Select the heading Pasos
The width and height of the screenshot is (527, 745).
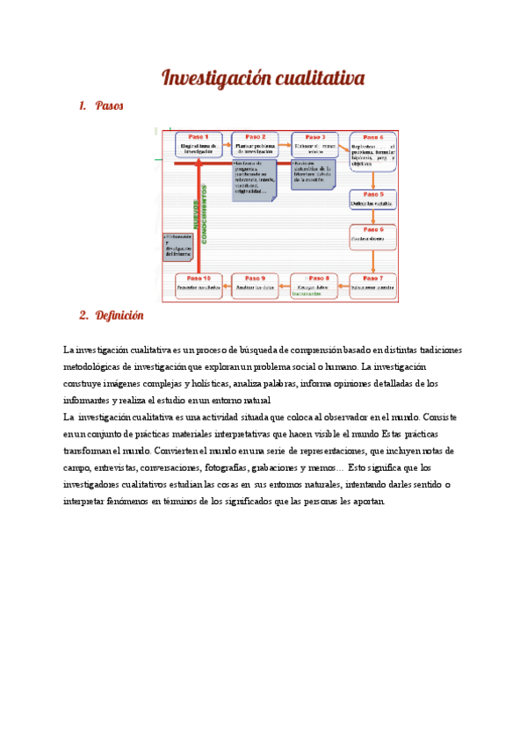(x=109, y=106)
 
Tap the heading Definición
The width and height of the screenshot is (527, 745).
(x=119, y=315)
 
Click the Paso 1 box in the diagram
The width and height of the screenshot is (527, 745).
(x=199, y=145)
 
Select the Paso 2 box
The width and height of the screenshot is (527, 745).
(x=256, y=145)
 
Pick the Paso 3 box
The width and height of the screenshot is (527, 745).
(x=315, y=145)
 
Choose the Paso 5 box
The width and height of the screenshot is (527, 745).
(x=373, y=200)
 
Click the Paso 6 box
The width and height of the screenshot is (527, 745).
(x=373, y=235)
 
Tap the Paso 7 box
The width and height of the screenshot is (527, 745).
(x=373, y=285)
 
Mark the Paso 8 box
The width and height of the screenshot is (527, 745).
(x=314, y=285)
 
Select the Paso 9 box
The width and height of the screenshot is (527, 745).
(x=256, y=285)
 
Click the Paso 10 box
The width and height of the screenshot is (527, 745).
(x=199, y=285)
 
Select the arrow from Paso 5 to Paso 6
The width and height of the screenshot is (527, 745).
(x=373, y=217)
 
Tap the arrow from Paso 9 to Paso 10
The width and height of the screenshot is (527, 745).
(x=227, y=285)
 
